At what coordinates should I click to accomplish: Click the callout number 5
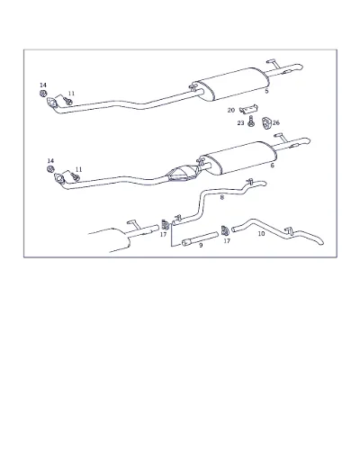pos(266,91)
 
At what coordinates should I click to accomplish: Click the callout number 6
pos(273,166)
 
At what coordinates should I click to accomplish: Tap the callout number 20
pos(231,111)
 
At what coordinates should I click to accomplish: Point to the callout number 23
pos(240,123)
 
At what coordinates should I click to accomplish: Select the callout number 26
pos(276,122)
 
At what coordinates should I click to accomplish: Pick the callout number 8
pos(222,197)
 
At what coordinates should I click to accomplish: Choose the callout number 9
pos(201,245)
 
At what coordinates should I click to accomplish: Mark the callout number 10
pos(261,233)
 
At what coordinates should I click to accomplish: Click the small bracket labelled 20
pos(249,109)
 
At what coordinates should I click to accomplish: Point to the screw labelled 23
pos(251,121)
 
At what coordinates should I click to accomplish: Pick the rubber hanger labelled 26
pos(266,123)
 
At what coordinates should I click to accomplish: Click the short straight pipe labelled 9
pos(200,238)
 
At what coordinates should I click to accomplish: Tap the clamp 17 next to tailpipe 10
pos(225,230)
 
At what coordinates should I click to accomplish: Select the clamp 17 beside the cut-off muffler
pos(165,224)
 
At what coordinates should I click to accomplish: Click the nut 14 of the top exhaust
pos(43,94)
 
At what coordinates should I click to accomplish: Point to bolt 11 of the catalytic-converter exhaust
pos(76,177)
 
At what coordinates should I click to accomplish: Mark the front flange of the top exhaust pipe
pos(51,102)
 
